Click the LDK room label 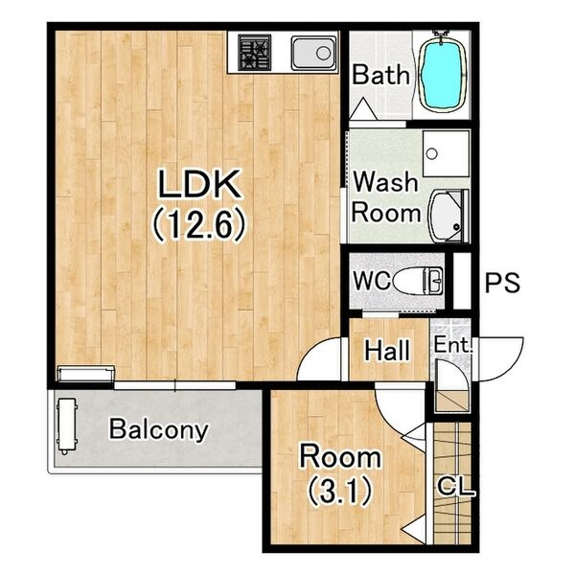tap(200, 184)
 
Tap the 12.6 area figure tap(197, 224)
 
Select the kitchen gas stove tap(255, 52)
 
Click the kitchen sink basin tap(314, 53)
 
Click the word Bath tap(380, 75)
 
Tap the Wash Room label tap(385, 197)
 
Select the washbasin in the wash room tap(449, 216)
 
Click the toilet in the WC tap(418, 281)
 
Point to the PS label tap(502, 283)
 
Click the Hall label tap(387, 350)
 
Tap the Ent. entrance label tap(453, 345)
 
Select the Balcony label tap(159, 429)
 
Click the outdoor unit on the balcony tap(66, 425)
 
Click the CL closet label tap(455, 488)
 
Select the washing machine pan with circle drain tap(446, 153)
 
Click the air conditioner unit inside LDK tap(86, 374)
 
